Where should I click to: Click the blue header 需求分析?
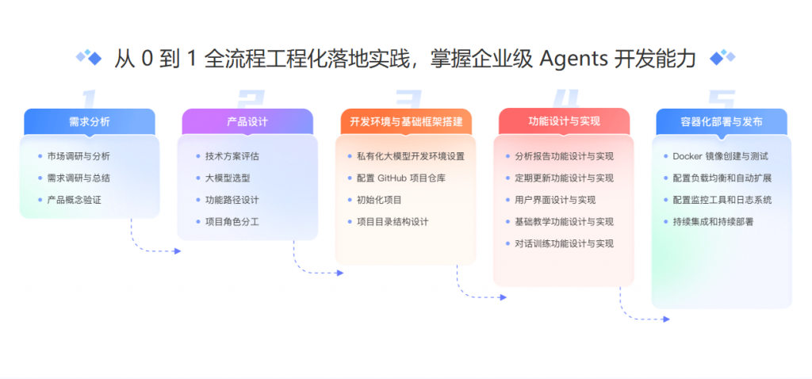click(x=89, y=121)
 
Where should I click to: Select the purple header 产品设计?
click(x=247, y=121)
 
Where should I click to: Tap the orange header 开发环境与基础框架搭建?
click(x=405, y=121)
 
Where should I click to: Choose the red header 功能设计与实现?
click(x=564, y=121)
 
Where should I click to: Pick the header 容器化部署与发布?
click(x=721, y=121)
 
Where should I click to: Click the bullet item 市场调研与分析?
click(x=79, y=156)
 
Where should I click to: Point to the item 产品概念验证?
click(x=74, y=200)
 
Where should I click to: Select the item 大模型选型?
click(x=228, y=178)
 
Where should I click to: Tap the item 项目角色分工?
click(x=232, y=222)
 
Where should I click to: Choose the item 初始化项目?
click(x=379, y=200)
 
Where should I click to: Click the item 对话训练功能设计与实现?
click(x=564, y=243)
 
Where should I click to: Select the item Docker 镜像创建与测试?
click(x=720, y=156)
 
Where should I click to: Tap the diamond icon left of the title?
click(x=89, y=57)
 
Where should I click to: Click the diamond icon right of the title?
click(x=722, y=57)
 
